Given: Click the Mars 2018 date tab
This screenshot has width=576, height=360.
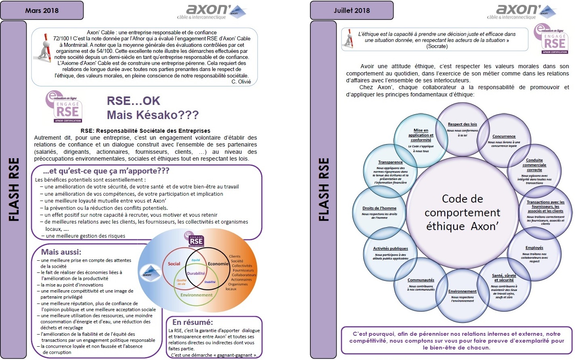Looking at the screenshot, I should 42,10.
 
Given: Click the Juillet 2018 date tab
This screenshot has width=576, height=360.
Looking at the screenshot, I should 352,10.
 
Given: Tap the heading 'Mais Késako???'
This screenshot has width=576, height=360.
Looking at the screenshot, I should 153,115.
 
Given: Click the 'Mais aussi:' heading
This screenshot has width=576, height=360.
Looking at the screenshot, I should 61,252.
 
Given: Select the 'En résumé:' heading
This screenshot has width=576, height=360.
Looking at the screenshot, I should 192,322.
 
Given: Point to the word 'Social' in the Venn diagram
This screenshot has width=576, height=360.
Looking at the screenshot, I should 174,264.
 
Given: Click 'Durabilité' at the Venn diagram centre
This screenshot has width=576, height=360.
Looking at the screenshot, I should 196,273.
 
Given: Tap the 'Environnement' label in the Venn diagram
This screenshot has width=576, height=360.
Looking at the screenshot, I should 196,295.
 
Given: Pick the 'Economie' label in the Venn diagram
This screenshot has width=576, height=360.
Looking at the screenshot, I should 218,264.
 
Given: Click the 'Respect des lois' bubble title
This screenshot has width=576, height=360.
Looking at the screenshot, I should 462,124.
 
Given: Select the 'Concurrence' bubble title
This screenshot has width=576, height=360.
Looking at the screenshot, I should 504,136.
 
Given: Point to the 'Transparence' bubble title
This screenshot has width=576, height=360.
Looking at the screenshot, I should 390,162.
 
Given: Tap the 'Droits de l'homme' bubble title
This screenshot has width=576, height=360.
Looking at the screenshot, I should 379,208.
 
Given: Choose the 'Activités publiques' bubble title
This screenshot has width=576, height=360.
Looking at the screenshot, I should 390,249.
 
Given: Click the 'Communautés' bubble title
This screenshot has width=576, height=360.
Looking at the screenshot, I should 421,280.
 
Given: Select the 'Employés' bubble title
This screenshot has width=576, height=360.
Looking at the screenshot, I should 534,248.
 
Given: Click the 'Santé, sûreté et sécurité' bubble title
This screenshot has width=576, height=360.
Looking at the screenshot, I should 504,278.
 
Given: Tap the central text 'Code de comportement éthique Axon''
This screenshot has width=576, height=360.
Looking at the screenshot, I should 462,213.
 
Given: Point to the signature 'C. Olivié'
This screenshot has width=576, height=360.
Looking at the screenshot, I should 241,82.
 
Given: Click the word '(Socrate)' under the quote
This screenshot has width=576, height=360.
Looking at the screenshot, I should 437,46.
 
